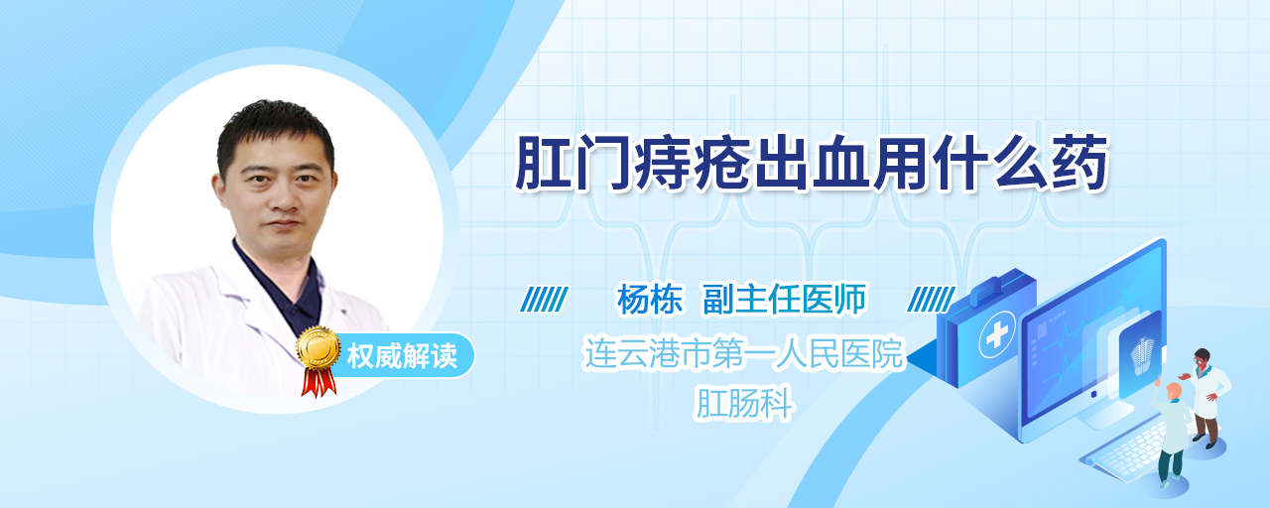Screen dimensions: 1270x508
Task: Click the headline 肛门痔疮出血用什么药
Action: pyautogui.click(x=811, y=163)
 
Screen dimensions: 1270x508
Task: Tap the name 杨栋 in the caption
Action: pyautogui.click(x=650, y=300)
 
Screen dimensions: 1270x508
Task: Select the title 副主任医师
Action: pyautogui.click(x=785, y=300)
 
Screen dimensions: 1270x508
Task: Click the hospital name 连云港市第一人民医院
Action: pyautogui.click(x=743, y=353)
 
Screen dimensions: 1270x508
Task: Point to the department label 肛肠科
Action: pyautogui.click(x=743, y=403)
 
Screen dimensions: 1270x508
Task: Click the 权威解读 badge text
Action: pyautogui.click(x=402, y=356)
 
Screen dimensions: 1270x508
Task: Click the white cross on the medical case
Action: pyautogui.click(x=997, y=335)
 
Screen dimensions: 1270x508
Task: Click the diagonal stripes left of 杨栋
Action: pyautogui.click(x=544, y=300)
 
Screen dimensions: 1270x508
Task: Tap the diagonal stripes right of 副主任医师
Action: pyautogui.click(x=931, y=300)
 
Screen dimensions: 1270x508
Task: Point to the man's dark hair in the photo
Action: pyautogui.click(x=275, y=132)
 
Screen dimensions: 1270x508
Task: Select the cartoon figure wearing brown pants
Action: pyautogui.click(x=1206, y=397)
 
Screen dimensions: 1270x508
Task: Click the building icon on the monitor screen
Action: pyautogui.click(x=1141, y=355)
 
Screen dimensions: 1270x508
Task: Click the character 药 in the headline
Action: pyautogui.click(x=1079, y=164)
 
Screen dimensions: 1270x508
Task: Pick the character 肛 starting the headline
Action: pyautogui.click(x=543, y=164)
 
